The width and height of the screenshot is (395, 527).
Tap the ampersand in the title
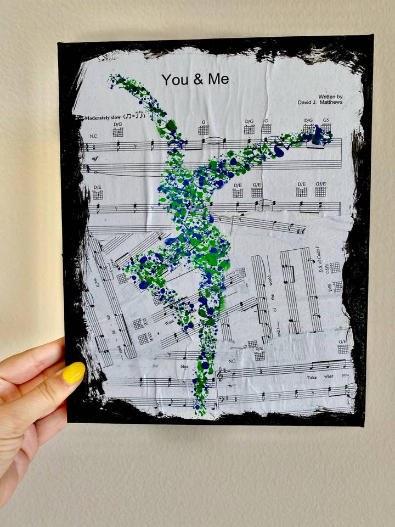tap(198, 80)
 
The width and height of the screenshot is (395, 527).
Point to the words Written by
tap(330, 96)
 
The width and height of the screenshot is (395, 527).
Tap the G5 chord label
tap(326, 120)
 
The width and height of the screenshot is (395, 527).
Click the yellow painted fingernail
tap(74, 373)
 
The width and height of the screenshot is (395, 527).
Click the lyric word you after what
tap(345, 375)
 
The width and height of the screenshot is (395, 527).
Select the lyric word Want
tap(170, 323)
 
